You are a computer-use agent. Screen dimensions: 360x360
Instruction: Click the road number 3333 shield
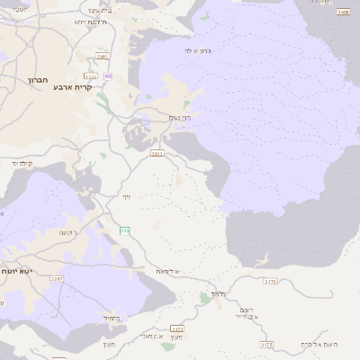(x=157, y=153)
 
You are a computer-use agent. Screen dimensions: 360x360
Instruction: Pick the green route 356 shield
(x=125, y=231)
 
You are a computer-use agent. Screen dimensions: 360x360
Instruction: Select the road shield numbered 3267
(x=57, y=280)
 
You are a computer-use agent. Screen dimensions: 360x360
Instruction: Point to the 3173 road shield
(x=269, y=281)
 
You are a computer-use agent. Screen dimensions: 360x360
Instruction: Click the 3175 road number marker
(x=265, y=344)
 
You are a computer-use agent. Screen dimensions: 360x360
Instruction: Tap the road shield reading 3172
(x=176, y=328)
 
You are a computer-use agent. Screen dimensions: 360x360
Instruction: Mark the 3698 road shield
(x=343, y=13)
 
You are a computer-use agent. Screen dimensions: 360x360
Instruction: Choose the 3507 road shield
(x=102, y=56)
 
